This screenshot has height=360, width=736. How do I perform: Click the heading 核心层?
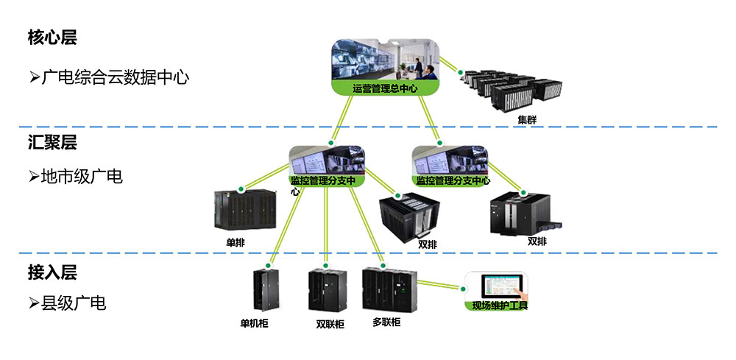pos(52,37)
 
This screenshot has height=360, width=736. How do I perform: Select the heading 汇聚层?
pos(52,143)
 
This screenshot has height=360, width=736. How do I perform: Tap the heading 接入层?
pos(52,272)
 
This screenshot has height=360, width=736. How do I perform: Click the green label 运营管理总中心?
pos(385,88)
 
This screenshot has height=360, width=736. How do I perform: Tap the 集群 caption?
pos(527,120)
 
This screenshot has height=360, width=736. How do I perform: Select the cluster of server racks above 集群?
pos(512,90)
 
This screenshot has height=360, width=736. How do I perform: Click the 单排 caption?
pos(236,243)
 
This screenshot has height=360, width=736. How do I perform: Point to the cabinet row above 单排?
pos(245,210)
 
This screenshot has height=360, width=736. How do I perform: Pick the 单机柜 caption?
pos(255,323)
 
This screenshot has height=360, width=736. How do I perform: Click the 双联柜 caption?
pos(330,325)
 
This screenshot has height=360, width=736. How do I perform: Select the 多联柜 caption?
pos(386,322)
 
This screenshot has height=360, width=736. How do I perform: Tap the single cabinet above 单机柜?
pos(266,290)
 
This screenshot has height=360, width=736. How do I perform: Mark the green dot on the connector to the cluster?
pos(461,73)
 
